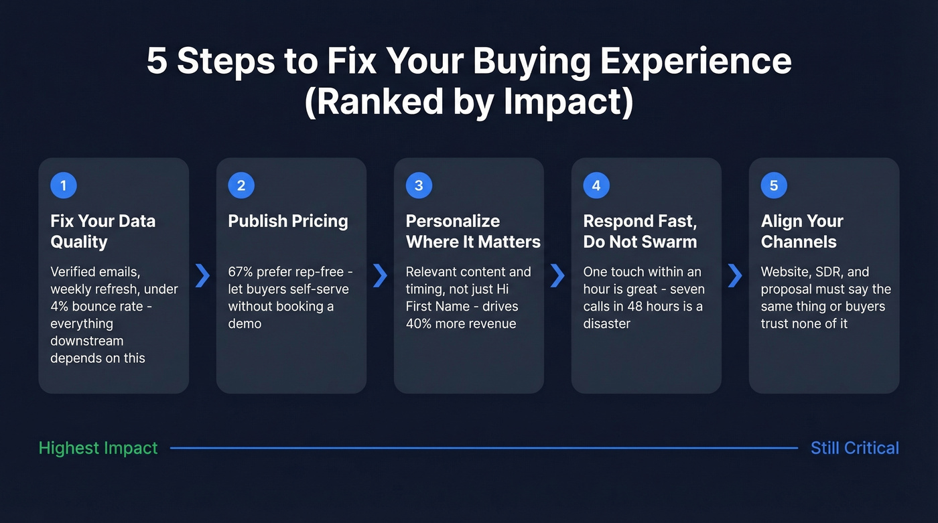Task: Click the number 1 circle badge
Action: point(64,185)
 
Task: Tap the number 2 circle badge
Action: point(241,185)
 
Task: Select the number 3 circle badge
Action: point(419,185)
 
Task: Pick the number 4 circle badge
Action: point(596,185)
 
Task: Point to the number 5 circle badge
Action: point(774,185)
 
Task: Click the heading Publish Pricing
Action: point(288,222)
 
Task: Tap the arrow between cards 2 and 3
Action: point(380,275)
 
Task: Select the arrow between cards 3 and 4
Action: point(557,275)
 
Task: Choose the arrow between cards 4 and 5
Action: point(735,275)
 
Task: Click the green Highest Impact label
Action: point(98,448)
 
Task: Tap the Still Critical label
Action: point(855,448)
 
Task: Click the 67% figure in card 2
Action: point(243,272)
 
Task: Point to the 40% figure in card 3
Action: point(420,324)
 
